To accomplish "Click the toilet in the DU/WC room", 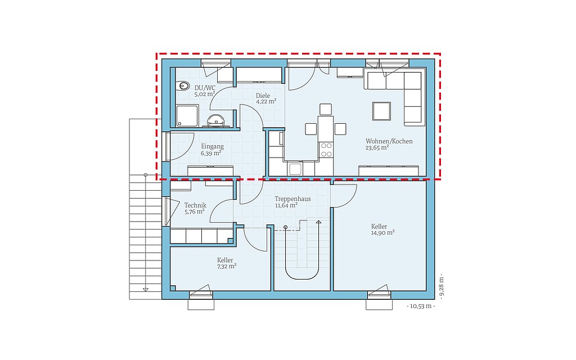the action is (183, 86).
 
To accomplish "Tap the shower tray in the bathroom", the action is (187, 116).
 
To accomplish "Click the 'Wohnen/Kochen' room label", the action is (389, 141).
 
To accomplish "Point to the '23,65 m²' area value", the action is (377, 148).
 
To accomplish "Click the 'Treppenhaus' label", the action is (292, 199).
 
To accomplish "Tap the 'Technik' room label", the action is (195, 205).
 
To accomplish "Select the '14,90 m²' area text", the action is (382, 232).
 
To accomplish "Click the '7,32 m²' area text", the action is (227, 267).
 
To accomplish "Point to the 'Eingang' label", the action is (212, 147).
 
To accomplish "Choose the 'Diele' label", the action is (263, 96).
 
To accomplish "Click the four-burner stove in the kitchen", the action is (326, 150).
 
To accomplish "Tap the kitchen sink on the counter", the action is (296, 169).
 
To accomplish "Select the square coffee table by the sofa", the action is (381, 111).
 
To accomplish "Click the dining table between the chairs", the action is (326, 129).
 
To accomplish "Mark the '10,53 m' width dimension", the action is (421, 306).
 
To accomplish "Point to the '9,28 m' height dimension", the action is (441, 287).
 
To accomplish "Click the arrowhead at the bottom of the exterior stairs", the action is (146, 290).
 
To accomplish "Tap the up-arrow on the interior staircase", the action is (318, 222).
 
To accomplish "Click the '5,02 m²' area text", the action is (205, 94).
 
